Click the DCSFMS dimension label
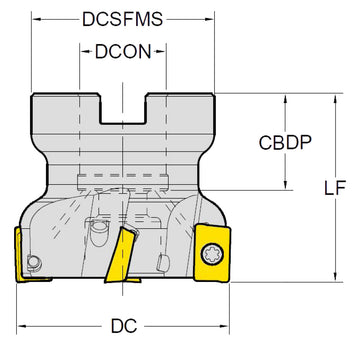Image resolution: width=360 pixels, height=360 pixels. [x=123, y=19]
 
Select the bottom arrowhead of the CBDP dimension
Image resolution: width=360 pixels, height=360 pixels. [x=289, y=185]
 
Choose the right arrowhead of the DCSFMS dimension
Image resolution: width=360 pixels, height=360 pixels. [x=213, y=19]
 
